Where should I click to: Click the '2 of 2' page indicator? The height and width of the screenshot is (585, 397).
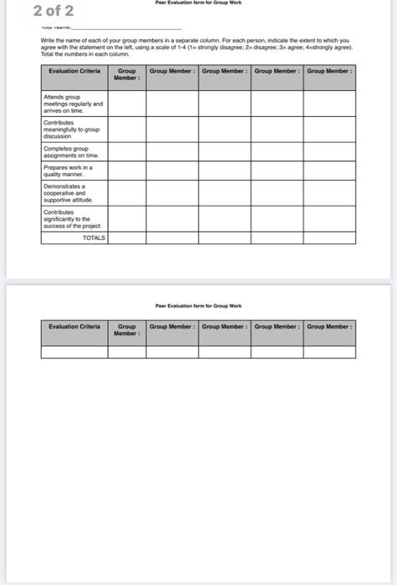pyautogui.click(x=53, y=11)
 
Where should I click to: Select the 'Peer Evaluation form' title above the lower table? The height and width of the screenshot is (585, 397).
pyautogui.click(x=198, y=307)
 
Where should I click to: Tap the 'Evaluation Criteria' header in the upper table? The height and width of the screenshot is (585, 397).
pyautogui.click(x=74, y=72)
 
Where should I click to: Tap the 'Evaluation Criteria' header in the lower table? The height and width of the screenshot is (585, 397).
pyautogui.click(x=74, y=326)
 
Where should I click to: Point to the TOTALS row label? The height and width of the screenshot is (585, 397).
pyautogui.click(x=94, y=238)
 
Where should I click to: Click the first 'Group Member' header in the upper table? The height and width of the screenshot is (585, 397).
pyautogui.click(x=127, y=75)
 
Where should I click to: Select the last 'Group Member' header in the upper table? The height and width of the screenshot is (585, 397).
pyautogui.click(x=329, y=72)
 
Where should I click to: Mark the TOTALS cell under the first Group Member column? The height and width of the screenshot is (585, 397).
pyautogui.click(x=127, y=238)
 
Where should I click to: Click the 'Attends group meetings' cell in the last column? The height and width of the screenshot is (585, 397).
pyautogui.click(x=329, y=103)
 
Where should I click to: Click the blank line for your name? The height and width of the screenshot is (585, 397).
pyautogui.click(x=125, y=28)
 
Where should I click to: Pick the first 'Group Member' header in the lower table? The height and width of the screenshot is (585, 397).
pyautogui.click(x=127, y=329)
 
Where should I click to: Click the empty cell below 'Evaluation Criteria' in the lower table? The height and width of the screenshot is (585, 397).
pyautogui.click(x=74, y=351)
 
